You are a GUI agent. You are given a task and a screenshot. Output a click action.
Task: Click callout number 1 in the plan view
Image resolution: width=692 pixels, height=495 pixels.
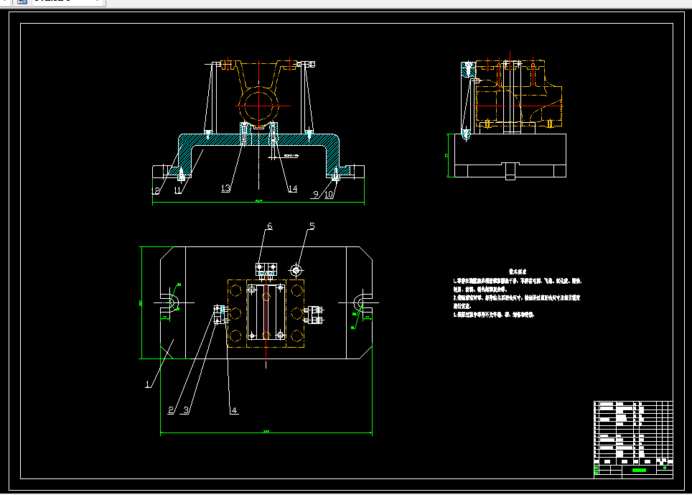[148, 384]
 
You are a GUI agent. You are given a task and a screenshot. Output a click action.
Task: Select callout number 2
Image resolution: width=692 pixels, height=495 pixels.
[171, 410]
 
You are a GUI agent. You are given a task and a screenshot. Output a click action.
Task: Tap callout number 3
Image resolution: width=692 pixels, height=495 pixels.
[186, 410]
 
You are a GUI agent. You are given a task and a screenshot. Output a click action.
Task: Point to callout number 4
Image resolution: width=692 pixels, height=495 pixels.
[234, 410]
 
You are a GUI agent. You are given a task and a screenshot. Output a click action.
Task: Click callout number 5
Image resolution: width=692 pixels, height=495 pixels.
[312, 227]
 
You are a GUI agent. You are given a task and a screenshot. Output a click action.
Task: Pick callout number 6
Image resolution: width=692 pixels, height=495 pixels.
[269, 226]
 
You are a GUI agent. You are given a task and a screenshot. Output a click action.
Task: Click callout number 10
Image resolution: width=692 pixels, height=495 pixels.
[329, 194]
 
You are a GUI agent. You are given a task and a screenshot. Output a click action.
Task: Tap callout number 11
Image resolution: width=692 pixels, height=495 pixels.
[177, 190]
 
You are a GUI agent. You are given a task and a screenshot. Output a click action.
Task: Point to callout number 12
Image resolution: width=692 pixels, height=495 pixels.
[155, 190]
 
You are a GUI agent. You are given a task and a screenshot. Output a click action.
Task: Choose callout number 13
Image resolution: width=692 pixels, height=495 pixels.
[225, 188]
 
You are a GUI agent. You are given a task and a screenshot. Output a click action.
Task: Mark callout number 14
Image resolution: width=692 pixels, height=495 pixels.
[292, 188]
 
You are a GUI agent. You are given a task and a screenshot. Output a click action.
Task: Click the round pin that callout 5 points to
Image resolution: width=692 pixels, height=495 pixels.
[296, 269]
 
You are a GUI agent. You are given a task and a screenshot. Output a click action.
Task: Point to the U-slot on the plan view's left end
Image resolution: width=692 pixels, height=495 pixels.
[170, 304]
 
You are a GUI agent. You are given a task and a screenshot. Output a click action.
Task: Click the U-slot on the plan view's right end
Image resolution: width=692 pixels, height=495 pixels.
[360, 304]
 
